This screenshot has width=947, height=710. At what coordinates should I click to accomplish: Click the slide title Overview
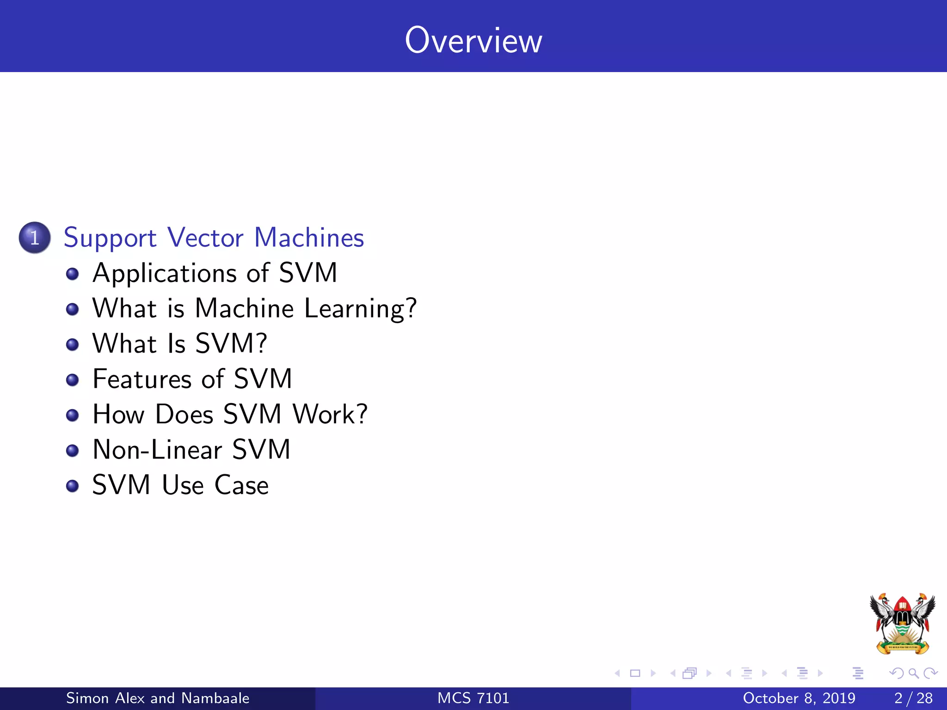coord(473,41)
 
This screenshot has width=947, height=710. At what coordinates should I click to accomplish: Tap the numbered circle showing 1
coord(35,238)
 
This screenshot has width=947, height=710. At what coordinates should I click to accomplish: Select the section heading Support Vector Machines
coord(214,238)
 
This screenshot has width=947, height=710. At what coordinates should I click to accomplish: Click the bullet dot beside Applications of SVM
coord(72,274)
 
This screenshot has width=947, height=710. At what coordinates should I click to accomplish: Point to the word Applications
coord(164,273)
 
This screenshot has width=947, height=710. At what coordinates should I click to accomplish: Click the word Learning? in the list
coord(360,309)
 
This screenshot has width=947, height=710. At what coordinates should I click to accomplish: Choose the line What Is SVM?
coord(179,344)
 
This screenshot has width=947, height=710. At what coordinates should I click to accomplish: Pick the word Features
coord(142,379)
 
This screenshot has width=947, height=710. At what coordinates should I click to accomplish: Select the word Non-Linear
coord(157,450)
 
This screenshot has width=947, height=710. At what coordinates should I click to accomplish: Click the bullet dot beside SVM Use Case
coord(72,486)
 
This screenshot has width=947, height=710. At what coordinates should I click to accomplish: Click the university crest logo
coord(902,624)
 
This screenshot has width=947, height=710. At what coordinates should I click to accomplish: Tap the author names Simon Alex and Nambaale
coord(158,698)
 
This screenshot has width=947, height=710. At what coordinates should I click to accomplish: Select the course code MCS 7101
coord(473,698)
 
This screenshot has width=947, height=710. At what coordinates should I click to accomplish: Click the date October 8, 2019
coord(799,698)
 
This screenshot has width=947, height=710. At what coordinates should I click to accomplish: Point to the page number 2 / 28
coord(913,698)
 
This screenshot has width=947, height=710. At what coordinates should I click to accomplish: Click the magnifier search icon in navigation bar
coord(913,673)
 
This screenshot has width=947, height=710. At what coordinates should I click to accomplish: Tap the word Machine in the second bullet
coord(244,309)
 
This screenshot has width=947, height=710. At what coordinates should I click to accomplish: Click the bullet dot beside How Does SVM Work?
coord(72,415)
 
